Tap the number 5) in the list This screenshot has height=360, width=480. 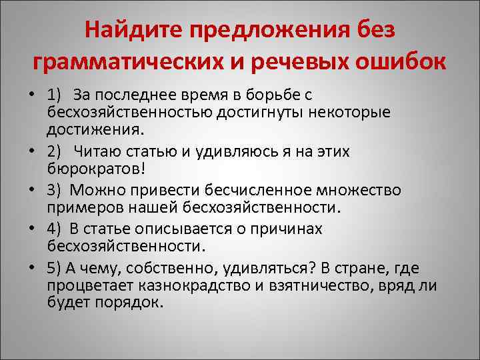[55, 268]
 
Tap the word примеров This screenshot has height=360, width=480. [79, 206]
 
